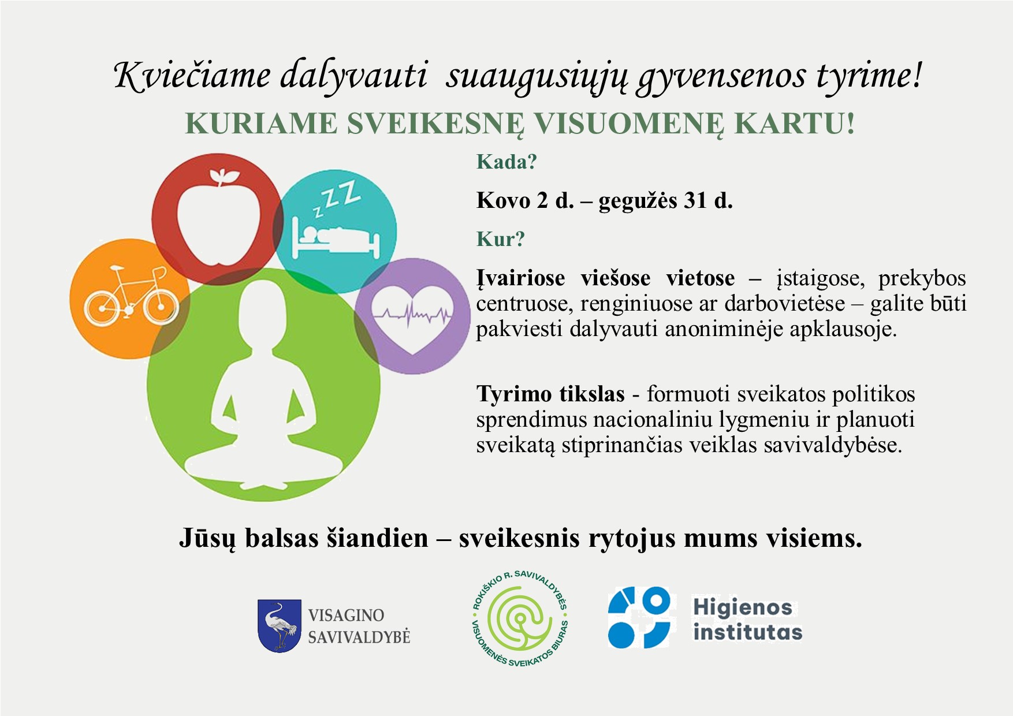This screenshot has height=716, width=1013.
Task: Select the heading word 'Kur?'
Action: (500, 239)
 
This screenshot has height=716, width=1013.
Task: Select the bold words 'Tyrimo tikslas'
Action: (550, 394)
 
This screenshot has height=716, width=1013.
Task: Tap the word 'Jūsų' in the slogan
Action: (207, 538)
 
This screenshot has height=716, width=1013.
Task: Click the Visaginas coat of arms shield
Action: (280, 626)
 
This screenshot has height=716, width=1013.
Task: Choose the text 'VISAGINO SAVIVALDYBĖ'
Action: (359, 626)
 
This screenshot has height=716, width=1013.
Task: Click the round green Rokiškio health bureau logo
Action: (520, 626)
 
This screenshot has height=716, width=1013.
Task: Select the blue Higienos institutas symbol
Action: (639, 617)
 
